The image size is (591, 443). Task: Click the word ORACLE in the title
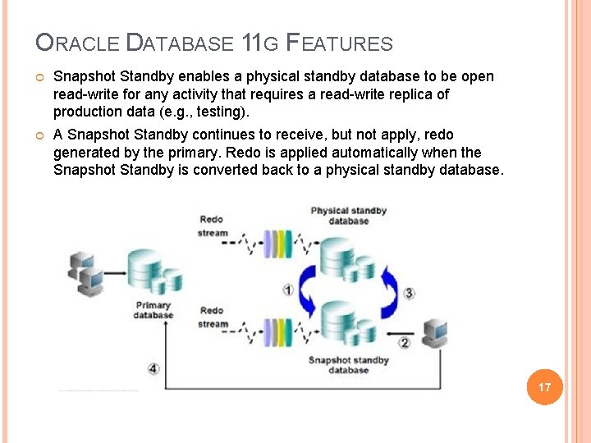78,43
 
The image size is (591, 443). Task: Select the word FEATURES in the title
339,43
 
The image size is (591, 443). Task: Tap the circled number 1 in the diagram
288,290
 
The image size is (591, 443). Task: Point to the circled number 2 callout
404,342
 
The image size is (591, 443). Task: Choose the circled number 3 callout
409,293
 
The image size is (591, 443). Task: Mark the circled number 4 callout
153,369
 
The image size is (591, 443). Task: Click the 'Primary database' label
153,309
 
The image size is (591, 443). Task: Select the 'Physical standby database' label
349,216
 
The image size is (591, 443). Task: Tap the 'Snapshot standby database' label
349,364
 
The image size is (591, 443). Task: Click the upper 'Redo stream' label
212,226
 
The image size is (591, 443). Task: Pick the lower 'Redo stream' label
212,317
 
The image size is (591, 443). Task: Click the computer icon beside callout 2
434,333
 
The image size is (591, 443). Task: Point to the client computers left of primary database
85,274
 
